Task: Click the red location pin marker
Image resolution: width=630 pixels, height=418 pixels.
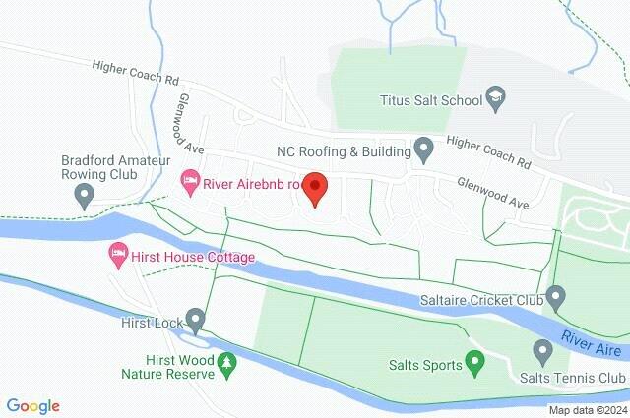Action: [x=314, y=187]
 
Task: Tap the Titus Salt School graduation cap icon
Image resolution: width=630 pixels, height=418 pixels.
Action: [x=496, y=98]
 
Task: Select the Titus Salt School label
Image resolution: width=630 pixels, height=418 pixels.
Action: [x=431, y=99]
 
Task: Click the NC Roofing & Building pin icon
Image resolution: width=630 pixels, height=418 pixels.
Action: [x=424, y=150]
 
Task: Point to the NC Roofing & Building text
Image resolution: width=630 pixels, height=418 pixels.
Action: [x=343, y=151]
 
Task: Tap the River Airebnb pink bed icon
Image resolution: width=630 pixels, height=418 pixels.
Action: [x=188, y=182]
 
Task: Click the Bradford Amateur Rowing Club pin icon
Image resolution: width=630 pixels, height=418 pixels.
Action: [x=85, y=197]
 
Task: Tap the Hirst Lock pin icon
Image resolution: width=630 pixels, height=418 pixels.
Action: [x=195, y=320]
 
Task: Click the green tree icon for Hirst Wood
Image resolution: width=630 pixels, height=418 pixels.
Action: [x=227, y=366]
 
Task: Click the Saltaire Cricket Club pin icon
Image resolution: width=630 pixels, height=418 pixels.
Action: [x=556, y=295]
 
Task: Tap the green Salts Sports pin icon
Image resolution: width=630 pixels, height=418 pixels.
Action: [x=474, y=364]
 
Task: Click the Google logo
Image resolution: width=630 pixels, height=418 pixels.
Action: [x=33, y=405]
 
